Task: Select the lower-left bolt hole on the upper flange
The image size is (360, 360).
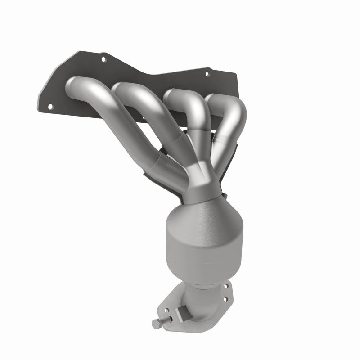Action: click(x=50, y=106)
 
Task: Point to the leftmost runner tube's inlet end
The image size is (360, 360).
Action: click(x=75, y=85)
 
